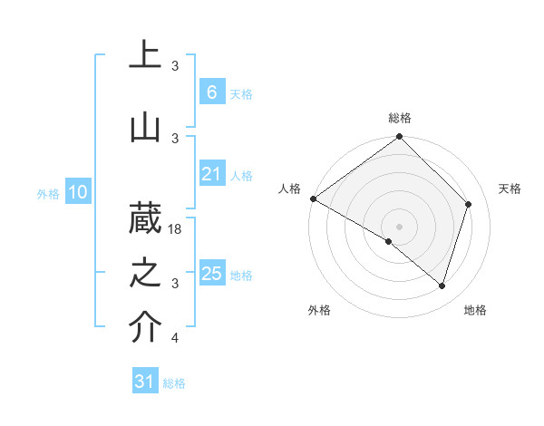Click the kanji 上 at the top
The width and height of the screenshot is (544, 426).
pos(145,54)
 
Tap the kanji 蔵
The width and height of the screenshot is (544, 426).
pos(145,218)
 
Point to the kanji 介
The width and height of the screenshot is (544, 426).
pos(145,328)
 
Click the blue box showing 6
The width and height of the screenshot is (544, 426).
pos(211,92)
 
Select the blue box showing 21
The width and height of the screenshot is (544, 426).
pos(211,175)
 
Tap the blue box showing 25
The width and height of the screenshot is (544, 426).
pos(211,274)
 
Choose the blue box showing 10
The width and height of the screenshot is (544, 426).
pos(78,192)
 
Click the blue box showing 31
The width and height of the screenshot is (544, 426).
pos(144,382)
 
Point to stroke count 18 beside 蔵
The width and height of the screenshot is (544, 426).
pos(176,229)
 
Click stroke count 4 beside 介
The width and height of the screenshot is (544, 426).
pos(175,338)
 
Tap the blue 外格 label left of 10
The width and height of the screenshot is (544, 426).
pos(48,193)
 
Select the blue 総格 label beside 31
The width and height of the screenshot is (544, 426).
pos(174,383)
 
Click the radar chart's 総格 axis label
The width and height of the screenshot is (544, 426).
pos(400,119)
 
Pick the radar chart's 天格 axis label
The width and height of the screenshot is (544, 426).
pos(510,189)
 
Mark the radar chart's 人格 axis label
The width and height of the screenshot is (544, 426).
pos(289,189)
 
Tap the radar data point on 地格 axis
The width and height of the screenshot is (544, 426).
pos(442,286)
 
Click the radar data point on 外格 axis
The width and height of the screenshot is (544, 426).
pos(389,241)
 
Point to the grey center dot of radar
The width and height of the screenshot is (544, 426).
pos(400,226)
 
